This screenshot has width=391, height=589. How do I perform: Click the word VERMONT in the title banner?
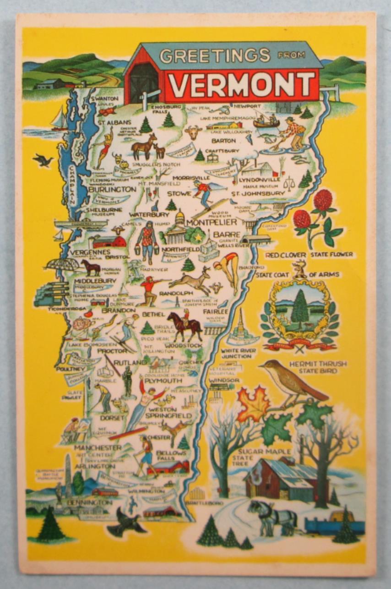(x=241, y=85)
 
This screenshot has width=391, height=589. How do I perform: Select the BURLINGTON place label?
(x=112, y=189)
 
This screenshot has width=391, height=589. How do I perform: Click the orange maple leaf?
(x=253, y=404)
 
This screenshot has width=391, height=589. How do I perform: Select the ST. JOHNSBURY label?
(x=258, y=193)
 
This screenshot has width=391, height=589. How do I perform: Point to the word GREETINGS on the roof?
(x=215, y=56)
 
